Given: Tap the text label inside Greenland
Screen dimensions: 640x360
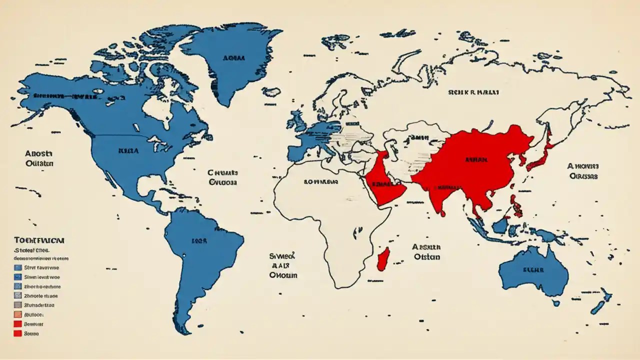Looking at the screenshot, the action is tap(234, 58).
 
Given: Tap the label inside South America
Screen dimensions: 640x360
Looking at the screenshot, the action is tap(198, 240).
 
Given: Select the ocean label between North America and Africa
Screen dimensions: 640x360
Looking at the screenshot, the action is tap(223, 177).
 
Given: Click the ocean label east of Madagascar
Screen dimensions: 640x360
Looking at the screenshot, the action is tap(426, 251).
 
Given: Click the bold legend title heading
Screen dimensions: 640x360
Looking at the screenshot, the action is tap(39, 240).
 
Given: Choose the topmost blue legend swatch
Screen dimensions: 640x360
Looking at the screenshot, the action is tap(18, 267).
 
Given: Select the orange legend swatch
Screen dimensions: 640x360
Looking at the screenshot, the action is tap(18, 314).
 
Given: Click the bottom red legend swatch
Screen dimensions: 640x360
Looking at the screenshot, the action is tap(18, 333).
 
